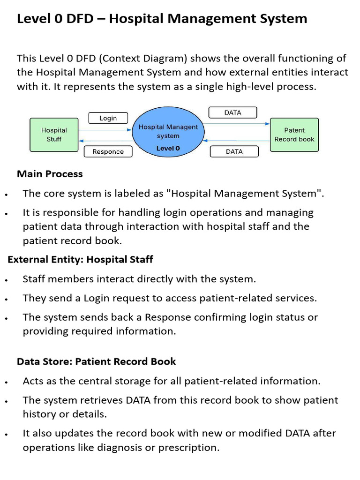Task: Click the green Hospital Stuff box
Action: tap(54, 135)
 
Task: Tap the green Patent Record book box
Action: tap(294, 135)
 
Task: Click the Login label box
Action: tap(108, 118)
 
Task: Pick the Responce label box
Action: tap(108, 151)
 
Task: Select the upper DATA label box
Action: tap(233, 112)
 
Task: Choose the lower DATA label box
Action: tap(234, 151)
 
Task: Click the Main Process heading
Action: tap(50, 174)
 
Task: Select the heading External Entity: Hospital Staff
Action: tap(80, 259)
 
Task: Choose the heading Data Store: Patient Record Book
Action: tap(97, 361)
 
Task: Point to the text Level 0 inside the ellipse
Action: tap(168, 148)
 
